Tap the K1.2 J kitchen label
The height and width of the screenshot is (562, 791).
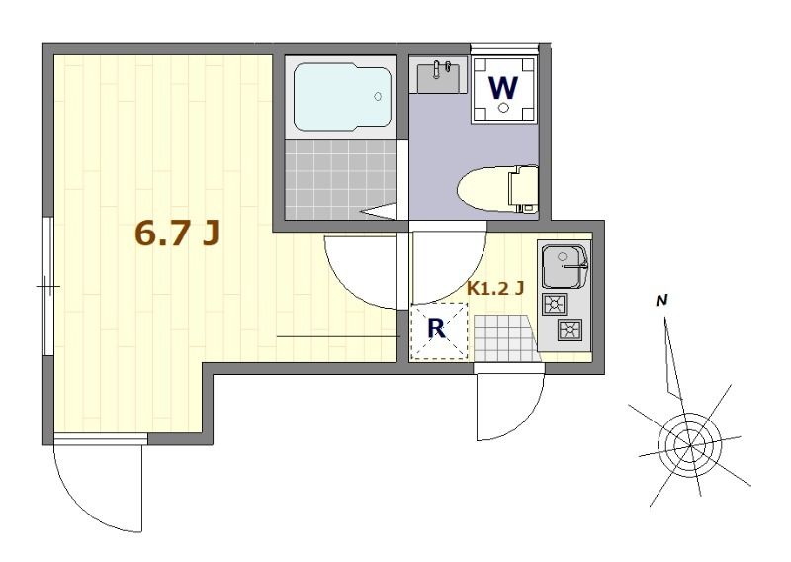[x=494, y=289]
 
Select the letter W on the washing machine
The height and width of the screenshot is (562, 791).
[x=504, y=88]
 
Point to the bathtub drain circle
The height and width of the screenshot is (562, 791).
[x=378, y=96]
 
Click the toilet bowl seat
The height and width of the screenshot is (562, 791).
[x=484, y=186]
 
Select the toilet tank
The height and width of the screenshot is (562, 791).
[x=523, y=187]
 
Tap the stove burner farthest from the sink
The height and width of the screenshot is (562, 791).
[x=571, y=328]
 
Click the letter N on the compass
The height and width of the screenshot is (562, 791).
[x=663, y=299]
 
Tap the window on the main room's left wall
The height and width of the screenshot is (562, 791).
[x=46, y=286]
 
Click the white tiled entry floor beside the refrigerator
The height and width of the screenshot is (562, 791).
[x=504, y=334]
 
